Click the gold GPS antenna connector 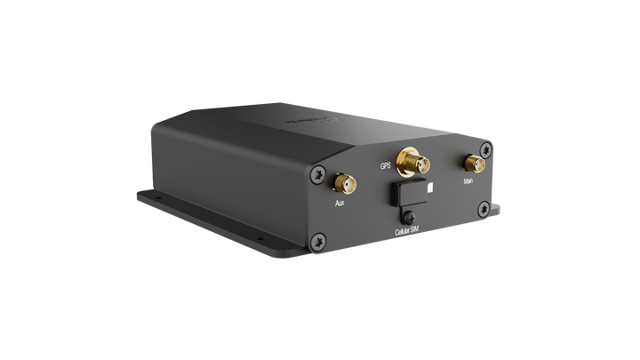[x=412, y=163]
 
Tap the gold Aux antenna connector [x=340, y=184]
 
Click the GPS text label [x=385, y=165]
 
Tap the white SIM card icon [x=431, y=188]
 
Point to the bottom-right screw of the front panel [x=483, y=209]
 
